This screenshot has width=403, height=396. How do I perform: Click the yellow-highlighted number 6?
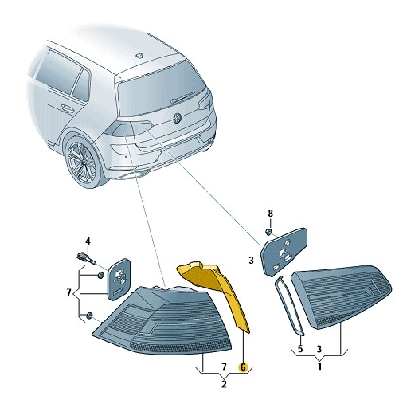pyautogui.click(x=243, y=367)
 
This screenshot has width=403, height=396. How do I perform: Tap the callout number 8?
pyautogui.click(x=270, y=214)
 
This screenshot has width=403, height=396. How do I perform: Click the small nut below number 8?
pyautogui.click(x=268, y=232)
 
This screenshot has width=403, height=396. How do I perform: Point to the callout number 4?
pyautogui.click(x=88, y=241)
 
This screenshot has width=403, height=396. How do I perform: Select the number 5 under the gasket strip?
pyautogui.click(x=300, y=349)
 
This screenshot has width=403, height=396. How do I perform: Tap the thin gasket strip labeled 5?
pyautogui.click(x=289, y=305)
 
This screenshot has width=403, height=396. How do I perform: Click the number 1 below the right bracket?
pyautogui.click(x=320, y=367)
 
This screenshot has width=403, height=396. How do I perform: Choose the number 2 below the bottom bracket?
pyautogui.click(x=224, y=384)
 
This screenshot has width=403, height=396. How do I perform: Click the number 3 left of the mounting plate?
pyautogui.click(x=251, y=261)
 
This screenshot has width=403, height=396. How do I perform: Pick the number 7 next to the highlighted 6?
pyautogui.click(x=225, y=367)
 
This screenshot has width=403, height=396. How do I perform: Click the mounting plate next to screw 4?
pyautogui.click(x=119, y=279)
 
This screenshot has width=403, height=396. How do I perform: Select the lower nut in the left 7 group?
pyautogui.click(x=89, y=316)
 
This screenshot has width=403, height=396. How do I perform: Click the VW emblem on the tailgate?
pyautogui.click(x=177, y=118)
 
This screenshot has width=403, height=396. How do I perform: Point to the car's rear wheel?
pyautogui.click(x=81, y=161)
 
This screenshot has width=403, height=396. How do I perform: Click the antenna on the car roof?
pyautogui.click(x=139, y=55)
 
